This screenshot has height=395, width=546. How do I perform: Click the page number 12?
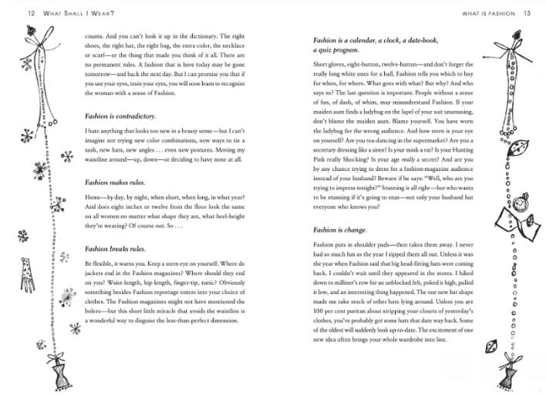(10, 13)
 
